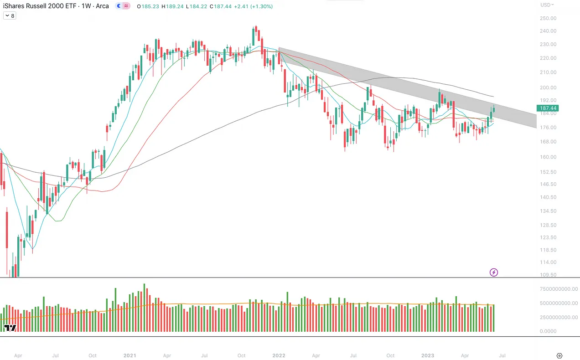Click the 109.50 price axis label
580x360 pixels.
(x=548, y=275)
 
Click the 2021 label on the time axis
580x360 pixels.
(x=130, y=355)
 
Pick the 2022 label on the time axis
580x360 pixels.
(x=279, y=355)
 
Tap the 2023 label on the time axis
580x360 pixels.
(x=427, y=355)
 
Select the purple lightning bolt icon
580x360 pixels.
(x=494, y=273)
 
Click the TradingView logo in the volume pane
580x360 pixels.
(x=10, y=328)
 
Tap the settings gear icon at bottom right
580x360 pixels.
(x=559, y=355)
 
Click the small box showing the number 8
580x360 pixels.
(x=10, y=15)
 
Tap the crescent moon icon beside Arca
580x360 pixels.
(x=119, y=6)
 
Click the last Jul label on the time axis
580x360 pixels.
(x=502, y=355)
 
